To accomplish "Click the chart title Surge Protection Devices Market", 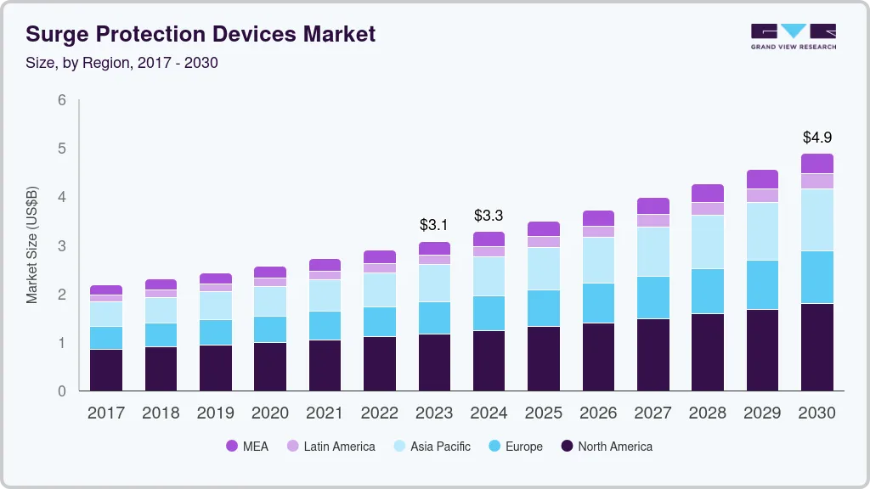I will point(201,35).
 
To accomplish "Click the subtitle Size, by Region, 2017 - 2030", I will point(121,63).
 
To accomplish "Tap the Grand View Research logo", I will point(793,37).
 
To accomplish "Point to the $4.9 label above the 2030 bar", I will point(816,137).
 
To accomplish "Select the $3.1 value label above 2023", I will point(434,225).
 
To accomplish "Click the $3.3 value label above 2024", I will point(489,215).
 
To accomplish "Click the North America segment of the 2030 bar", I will point(816,347).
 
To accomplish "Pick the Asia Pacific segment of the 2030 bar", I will point(816,220).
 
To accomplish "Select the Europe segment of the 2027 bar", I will point(652,297).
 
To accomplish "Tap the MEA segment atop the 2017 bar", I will point(106,290).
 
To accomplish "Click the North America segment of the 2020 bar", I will point(270,367).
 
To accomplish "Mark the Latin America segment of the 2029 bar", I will point(762,195).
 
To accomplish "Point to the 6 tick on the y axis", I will point(62,100).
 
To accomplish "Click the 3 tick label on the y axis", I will point(62,246).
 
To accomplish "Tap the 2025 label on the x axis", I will point(543,413).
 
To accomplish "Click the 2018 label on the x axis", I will point(161,413).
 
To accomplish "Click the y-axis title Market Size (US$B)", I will point(32,244).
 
